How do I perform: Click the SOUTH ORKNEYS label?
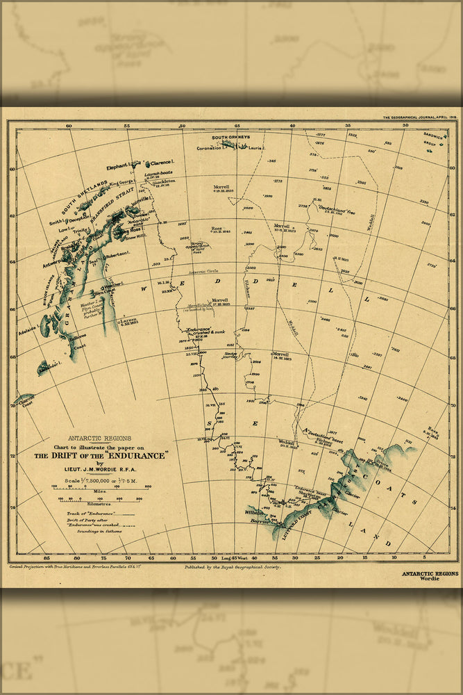(x=230, y=138)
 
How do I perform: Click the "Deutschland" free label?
(x=336, y=207)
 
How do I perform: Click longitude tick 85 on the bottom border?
(x=47, y=557)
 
